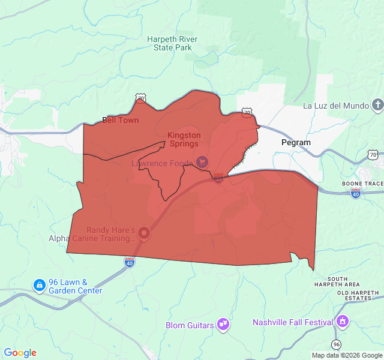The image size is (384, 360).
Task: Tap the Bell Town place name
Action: pyautogui.click(x=120, y=120)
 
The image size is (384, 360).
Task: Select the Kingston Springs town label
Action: pyautogui.click(x=184, y=140)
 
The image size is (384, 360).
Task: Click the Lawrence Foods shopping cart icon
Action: pyautogui.click(x=202, y=162)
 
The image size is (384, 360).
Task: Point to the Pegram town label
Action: pyautogui.click(x=296, y=143)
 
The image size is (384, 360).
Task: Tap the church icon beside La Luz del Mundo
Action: pyautogui.click(x=377, y=106)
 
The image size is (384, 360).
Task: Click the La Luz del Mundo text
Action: pyautogui.click(x=335, y=106)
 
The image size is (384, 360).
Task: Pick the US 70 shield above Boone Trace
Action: pyautogui.click(x=373, y=155)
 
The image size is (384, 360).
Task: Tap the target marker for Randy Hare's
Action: pyautogui.click(x=144, y=232)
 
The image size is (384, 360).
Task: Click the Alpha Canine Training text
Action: pyautogui.click(x=92, y=238)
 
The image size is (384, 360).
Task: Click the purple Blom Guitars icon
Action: pyautogui.click(x=223, y=325)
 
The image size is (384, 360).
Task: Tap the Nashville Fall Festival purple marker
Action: pyautogui.click(x=343, y=321)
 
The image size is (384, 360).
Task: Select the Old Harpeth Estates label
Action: pyautogui.click(x=358, y=295)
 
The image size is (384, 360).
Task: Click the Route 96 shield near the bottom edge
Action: pyautogui.click(x=337, y=344)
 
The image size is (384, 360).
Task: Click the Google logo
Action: pyautogui.click(x=20, y=353)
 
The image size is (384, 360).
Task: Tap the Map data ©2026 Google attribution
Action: pyautogui.click(x=347, y=355)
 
